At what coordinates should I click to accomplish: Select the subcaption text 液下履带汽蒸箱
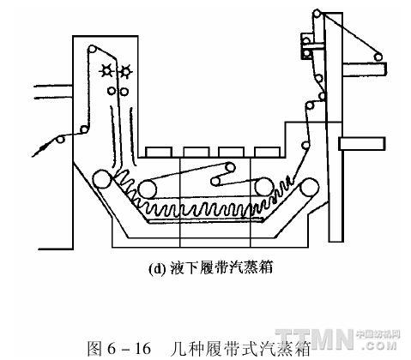pos(221,268)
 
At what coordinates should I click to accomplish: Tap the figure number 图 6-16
pos(119,348)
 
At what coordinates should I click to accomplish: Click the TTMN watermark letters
pos(315,339)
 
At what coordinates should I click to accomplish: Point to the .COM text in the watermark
pos(380,345)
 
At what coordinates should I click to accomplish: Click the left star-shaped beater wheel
pos(107,70)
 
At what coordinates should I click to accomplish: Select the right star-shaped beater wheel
pos(125,71)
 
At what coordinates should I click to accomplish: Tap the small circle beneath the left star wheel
pos(112,91)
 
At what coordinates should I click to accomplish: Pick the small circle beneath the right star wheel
pos(124,92)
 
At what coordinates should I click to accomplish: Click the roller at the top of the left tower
pos(92,49)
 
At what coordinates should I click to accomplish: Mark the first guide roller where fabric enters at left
pos(60,140)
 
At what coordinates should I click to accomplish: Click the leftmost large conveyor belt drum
pos(102,179)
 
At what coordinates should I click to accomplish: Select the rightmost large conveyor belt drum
pos(309,187)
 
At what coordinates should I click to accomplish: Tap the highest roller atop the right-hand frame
pos(317,13)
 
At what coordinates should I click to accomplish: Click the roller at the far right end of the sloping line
pos(378,57)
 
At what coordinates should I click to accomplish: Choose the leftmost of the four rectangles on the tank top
pos(159,152)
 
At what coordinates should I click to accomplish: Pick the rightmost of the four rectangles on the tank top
pos(267,152)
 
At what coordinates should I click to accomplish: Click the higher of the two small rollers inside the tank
pos(230,167)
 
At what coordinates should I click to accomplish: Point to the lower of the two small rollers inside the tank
pos(215,181)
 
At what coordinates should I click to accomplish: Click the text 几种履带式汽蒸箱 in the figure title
pos(240,348)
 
